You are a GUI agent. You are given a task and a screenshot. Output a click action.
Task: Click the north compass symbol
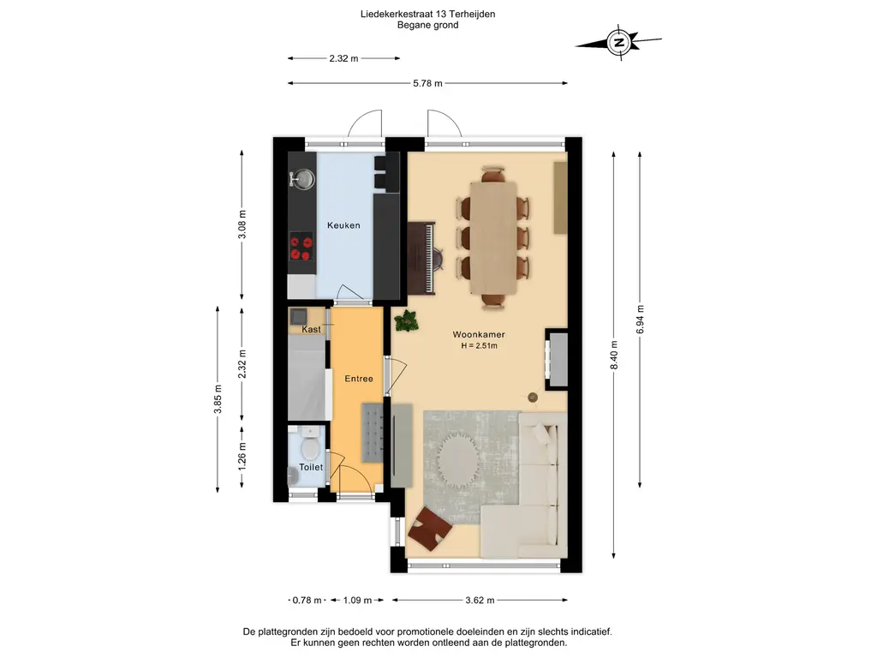(x=618, y=42)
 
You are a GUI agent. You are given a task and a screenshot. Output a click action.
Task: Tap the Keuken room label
(x=343, y=225)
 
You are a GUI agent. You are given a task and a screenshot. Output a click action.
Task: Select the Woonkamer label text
(x=479, y=335)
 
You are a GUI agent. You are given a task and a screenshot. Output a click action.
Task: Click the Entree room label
(x=359, y=379)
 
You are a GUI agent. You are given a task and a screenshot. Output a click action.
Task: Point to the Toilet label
(x=311, y=467)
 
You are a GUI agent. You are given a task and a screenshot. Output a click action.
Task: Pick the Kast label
(x=311, y=330)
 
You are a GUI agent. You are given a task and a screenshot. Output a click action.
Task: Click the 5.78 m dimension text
(x=428, y=83)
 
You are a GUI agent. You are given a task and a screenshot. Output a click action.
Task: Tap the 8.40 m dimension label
(x=614, y=356)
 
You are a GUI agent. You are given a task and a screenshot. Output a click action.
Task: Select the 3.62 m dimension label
(x=480, y=601)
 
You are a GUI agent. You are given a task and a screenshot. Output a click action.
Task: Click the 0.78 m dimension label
(x=307, y=601)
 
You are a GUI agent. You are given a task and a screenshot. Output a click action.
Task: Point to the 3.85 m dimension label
(x=218, y=399)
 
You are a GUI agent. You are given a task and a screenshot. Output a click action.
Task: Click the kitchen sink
(x=302, y=179)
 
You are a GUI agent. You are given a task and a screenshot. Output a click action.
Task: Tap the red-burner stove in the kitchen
(x=301, y=247)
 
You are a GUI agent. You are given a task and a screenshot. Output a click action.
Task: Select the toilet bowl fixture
(x=308, y=445)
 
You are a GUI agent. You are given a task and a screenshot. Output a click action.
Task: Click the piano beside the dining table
(x=421, y=257)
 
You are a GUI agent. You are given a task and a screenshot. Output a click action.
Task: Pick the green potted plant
(x=405, y=322)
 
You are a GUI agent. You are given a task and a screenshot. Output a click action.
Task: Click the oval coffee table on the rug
(x=457, y=461)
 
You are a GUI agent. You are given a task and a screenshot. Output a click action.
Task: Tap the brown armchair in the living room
(x=430, y=529)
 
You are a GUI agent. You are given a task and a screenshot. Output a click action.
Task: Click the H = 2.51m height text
(x=480, y=346)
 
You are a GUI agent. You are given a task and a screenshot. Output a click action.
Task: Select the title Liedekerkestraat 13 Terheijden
(x=428, y=14)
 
